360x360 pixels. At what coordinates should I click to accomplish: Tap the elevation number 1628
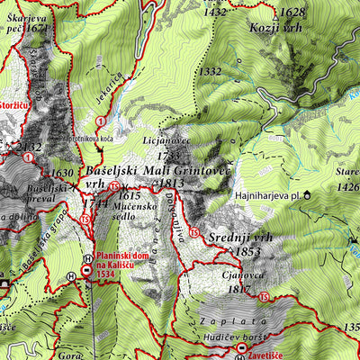coord(292,13)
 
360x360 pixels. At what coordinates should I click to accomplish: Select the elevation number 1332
coord(211,71)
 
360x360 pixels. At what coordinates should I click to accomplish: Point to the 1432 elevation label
coord(215,13)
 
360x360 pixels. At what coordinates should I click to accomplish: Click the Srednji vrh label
coord(238,237)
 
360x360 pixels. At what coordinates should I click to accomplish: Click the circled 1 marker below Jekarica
coord(103,121)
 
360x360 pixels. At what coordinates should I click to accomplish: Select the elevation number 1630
coord(62,174)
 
